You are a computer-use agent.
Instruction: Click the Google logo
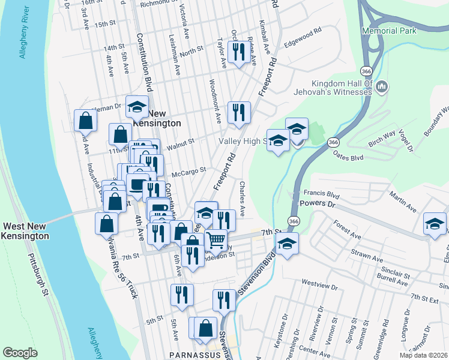tap(20, 352)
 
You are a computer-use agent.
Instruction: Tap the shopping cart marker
tap(216, 240)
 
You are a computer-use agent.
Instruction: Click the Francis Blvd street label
tap(322, 194)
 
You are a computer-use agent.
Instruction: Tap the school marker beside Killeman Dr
tap(137, 107)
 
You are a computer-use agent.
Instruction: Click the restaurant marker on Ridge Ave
tap(239, 52)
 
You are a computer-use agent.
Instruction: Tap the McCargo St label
tap(188, 172)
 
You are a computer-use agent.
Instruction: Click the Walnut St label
tap(181, 144)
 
